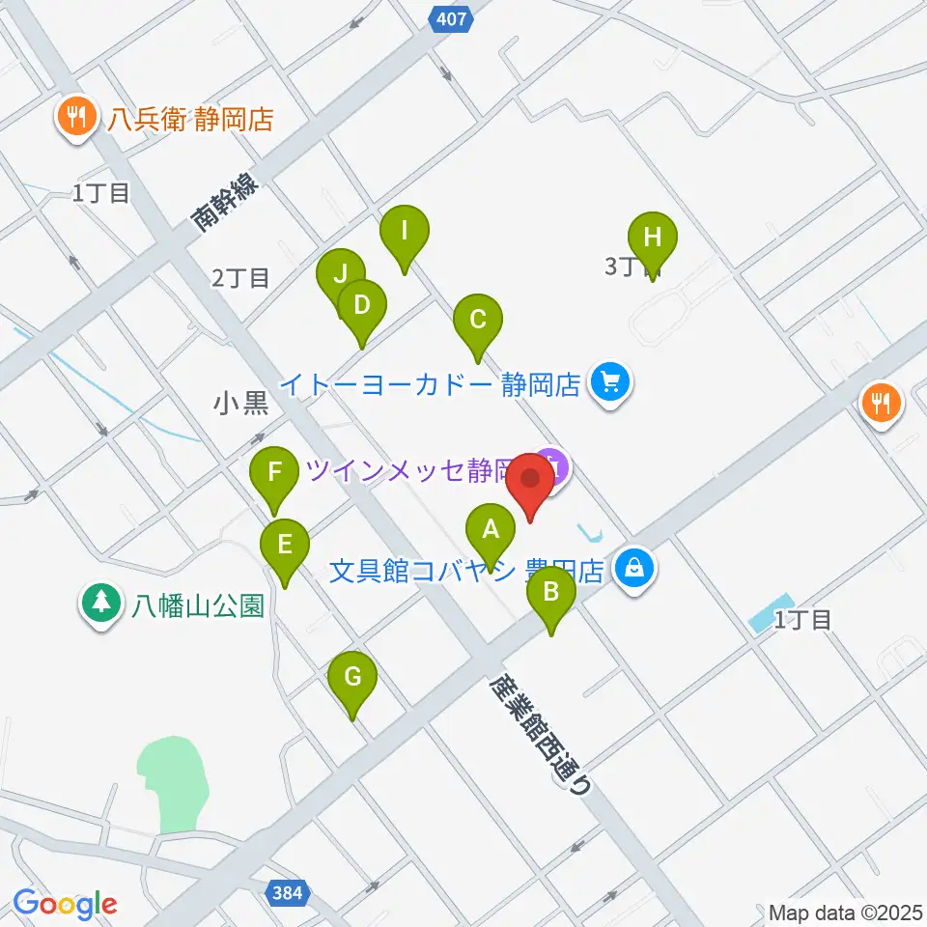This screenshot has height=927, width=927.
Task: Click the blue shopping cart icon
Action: click(x=610, y=384)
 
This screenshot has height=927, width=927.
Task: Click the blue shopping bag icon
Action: click(x=636, y=569)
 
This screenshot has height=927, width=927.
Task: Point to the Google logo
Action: click(x=66, y=905)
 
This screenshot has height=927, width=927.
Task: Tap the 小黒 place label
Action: click(x=241, y=403)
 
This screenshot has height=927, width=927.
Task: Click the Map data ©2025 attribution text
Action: click(x=845, y=913)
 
